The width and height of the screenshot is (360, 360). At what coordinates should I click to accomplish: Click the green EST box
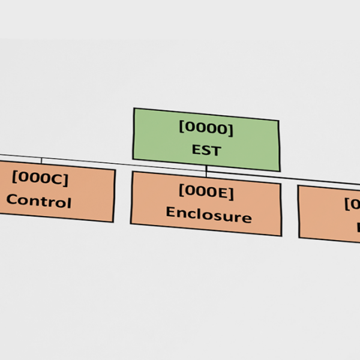click(x=206, y=139)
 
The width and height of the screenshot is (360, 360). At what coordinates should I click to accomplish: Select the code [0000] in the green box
click(x=206, y=128)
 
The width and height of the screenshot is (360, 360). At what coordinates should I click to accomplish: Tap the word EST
click(x=206, y=150)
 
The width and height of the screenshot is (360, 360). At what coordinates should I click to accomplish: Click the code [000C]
click(x=40, y=178)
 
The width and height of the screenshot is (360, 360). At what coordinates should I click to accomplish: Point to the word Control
click(x=38, y=201)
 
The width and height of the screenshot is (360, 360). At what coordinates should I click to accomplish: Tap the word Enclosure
click(x=208, y=214)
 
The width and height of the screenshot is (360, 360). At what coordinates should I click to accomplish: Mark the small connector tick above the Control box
click(x=41, y=160)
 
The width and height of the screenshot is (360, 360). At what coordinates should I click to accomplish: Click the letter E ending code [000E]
click(x=226, y=192)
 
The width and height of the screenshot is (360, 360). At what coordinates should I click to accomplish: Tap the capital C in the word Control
click(x=11, y=200)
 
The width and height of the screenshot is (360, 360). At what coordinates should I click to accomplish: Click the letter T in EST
click(x=216, y=151)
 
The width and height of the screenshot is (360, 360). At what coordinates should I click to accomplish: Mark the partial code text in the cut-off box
click(x=352, y=204)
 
